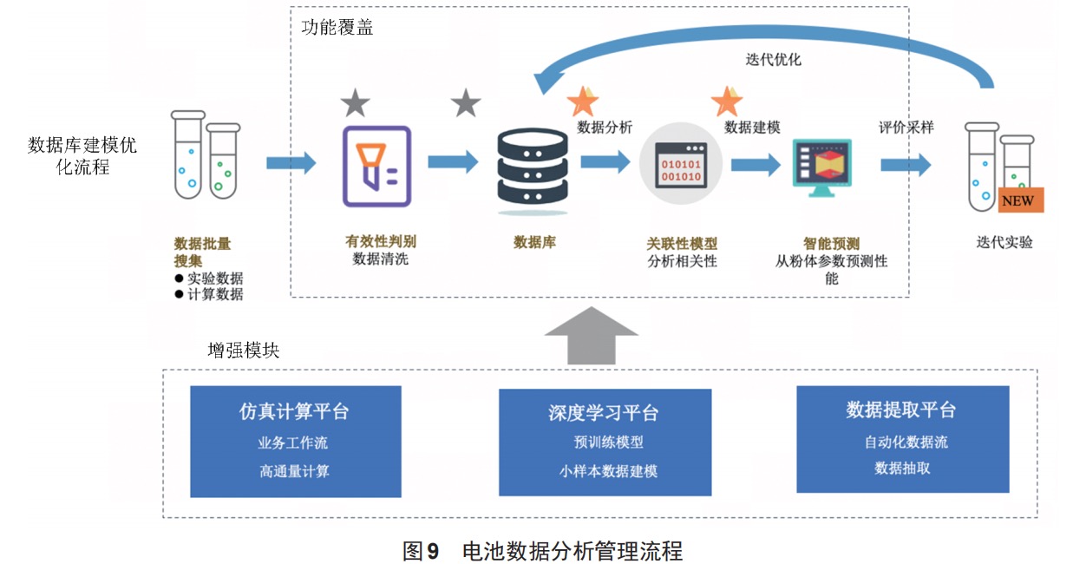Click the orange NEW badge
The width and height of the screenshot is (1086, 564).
tap(1021, 200)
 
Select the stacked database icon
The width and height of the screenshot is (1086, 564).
tap(533, 171)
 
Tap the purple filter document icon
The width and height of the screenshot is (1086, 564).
tap(377, 167)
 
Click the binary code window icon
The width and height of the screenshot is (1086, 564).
tap(681, 164)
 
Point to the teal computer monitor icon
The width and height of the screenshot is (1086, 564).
tap(822, 167)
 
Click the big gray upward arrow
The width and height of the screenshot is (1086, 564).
tap(591, 335)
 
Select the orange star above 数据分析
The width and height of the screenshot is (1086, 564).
tap(583, 101)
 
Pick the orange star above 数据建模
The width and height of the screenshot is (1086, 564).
tap(727, 101)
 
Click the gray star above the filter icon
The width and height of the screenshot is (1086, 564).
tap(356, 102)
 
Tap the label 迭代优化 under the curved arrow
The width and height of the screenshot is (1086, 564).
tap(773, 60)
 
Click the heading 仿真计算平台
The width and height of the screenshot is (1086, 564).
tap(294, 411)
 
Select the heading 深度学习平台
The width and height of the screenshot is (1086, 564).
tap(604, 413)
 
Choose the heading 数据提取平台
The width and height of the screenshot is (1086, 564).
tap(901, 410)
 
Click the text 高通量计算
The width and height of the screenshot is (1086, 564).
tap(294, 471)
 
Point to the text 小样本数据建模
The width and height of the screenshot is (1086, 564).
tap(608, 471)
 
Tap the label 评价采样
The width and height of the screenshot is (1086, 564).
tap(906, 128)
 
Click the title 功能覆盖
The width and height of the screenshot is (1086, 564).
tap(337, 27)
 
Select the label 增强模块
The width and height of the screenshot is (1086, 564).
tap(244, 351)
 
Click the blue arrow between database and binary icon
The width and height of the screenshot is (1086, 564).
tap(605, 162)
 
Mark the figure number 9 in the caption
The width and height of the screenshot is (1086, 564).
tap(433, 551)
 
